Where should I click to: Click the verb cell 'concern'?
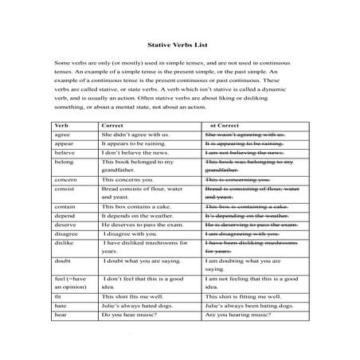[x=65, y=181]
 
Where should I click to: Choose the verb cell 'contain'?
[x=65, y=206]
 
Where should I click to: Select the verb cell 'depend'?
[x=64, y=215]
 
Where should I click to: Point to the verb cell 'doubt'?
[x=62, y=262]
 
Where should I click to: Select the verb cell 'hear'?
[x=61, y=315]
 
